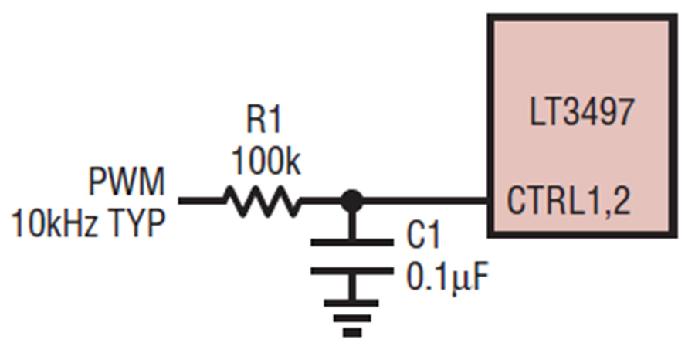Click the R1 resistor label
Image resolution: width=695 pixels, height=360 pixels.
(263, 121)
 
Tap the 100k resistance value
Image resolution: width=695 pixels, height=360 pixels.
(266, 161)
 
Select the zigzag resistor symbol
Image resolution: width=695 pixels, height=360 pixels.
(263, 201)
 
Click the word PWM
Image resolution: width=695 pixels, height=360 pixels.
(127, 182)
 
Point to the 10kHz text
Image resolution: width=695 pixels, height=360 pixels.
(55, 223)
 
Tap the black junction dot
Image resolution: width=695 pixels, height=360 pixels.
(352, 201)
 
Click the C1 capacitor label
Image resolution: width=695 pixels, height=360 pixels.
(423, 236)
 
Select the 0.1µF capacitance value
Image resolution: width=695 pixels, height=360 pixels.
(447, 278)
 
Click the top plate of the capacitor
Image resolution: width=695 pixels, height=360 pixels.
(352, 242)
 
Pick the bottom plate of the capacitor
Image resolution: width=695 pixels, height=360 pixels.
(352, 271)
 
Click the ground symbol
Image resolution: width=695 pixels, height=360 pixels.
(352, 318)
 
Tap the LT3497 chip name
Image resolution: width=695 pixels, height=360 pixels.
(581, 112)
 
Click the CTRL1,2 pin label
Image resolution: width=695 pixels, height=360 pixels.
(568, 202)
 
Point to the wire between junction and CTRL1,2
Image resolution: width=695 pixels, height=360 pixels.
(425, 201)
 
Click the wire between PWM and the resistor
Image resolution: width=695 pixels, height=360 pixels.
(202, 201)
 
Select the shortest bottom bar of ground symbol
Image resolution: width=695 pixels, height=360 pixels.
(352, 332)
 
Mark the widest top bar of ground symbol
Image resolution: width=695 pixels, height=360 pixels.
(352, 304)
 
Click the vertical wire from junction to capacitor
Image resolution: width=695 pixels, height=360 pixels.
(352, 226)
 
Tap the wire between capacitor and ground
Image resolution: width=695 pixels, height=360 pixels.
(352, 287)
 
